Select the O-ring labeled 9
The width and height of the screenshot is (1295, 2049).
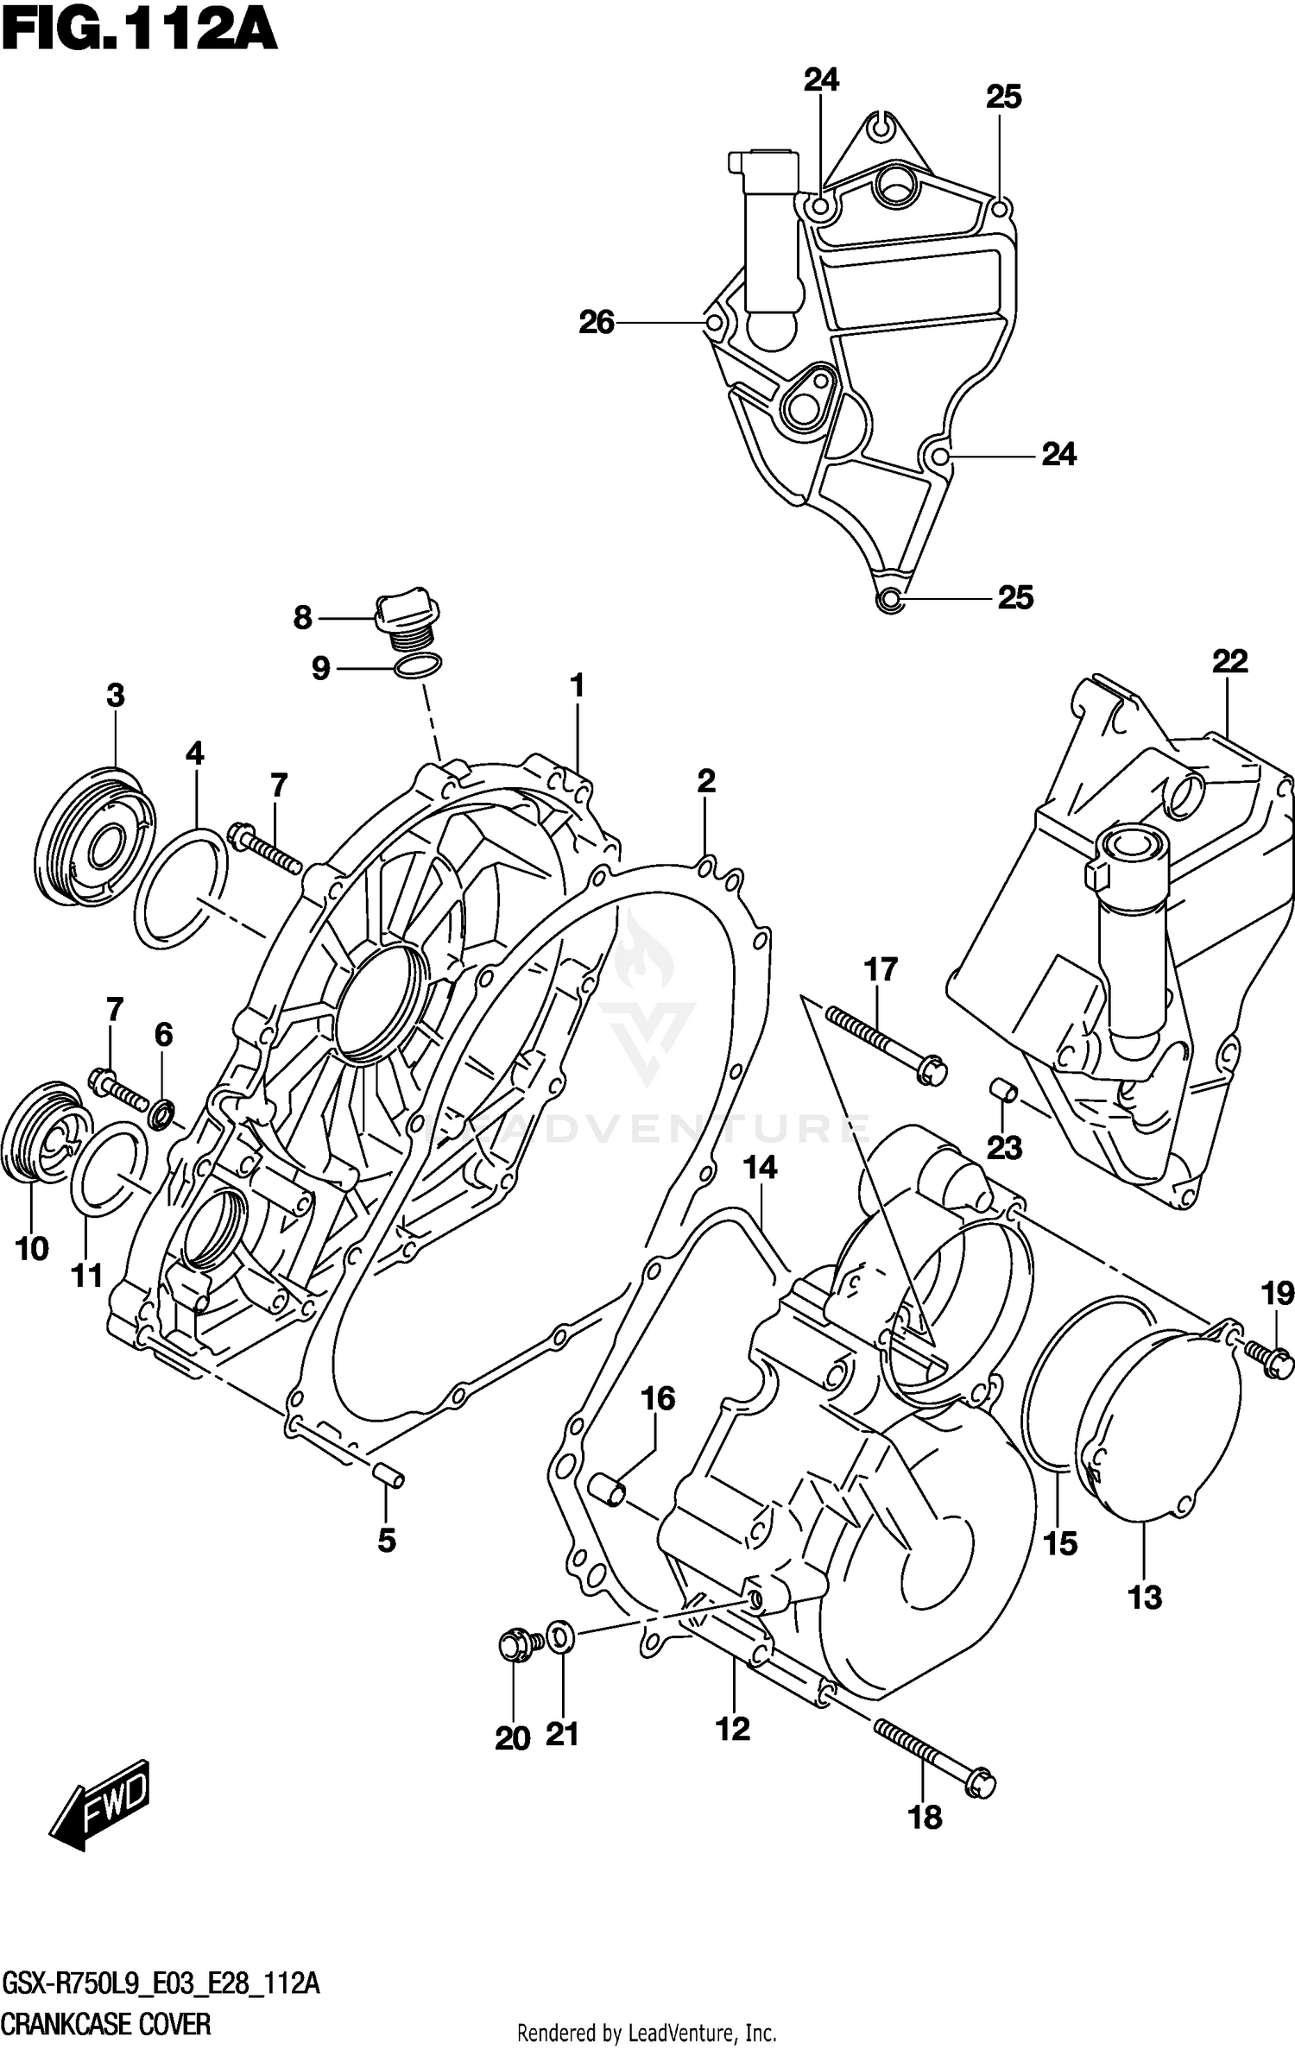click(x=418, y=665)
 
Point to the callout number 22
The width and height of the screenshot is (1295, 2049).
click(x=1229, y=662)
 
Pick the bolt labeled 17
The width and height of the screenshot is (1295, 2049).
click(x=886, y=1046)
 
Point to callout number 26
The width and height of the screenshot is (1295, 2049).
click(x=597, y=323)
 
